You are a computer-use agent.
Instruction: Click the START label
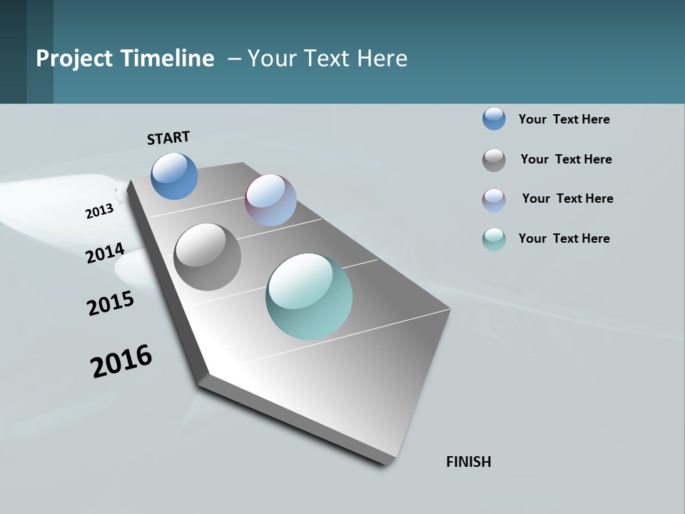[x=168, y=138]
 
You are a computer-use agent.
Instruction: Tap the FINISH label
[x=468, y=462]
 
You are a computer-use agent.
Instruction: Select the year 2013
[x=100, y=211]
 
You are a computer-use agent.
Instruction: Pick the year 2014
[x=106, y=253]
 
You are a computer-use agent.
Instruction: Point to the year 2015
[x=111, y=303]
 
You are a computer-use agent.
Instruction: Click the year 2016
[x=121, y=361]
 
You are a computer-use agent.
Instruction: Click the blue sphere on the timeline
[x=174, y=176]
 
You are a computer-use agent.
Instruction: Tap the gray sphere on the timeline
[x=207, y=257]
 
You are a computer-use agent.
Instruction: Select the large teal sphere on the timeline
[x=309, y=296]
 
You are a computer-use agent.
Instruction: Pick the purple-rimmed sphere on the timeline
[x=270, y=200]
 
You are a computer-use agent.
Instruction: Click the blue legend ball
[x=494, y=119]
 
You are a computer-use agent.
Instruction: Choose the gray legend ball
[x=494, y=160]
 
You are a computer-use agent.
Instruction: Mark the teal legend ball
[x=494, y=239]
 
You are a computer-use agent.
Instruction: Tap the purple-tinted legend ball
[x=494, y=200]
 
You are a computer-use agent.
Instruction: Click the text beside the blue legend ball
[x=564, y=119]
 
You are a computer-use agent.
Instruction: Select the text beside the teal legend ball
[x=564, y=238]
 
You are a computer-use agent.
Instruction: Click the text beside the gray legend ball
[x=566, y=159]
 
